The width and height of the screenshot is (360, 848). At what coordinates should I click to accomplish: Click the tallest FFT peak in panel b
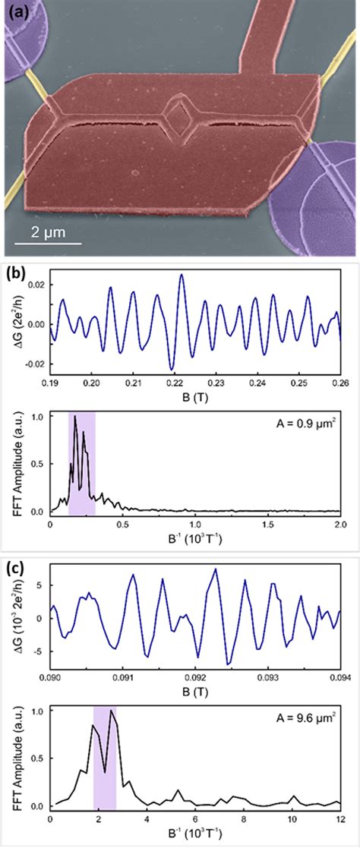click(x=74, y=416)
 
